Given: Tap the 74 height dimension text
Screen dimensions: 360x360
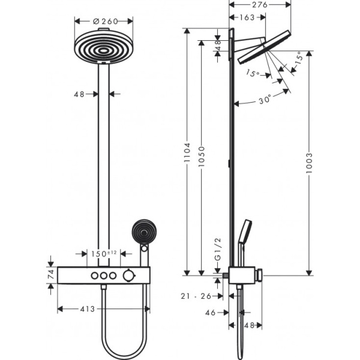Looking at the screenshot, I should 50,275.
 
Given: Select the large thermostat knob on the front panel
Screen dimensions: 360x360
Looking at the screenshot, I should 127,275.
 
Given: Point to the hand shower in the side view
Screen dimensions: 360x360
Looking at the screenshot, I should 245,235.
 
